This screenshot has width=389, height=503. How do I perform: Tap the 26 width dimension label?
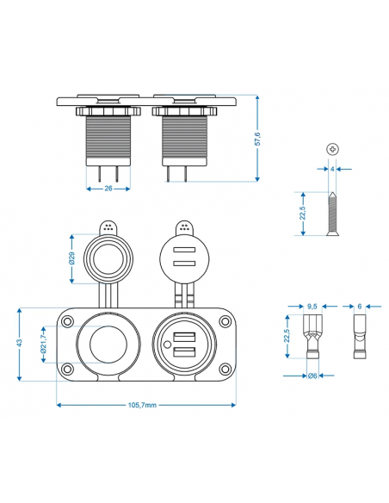click(x=108, y=189)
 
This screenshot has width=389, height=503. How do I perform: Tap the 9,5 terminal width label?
click(x=312, y=306)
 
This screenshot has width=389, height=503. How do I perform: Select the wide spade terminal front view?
click(x=312, y=338)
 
